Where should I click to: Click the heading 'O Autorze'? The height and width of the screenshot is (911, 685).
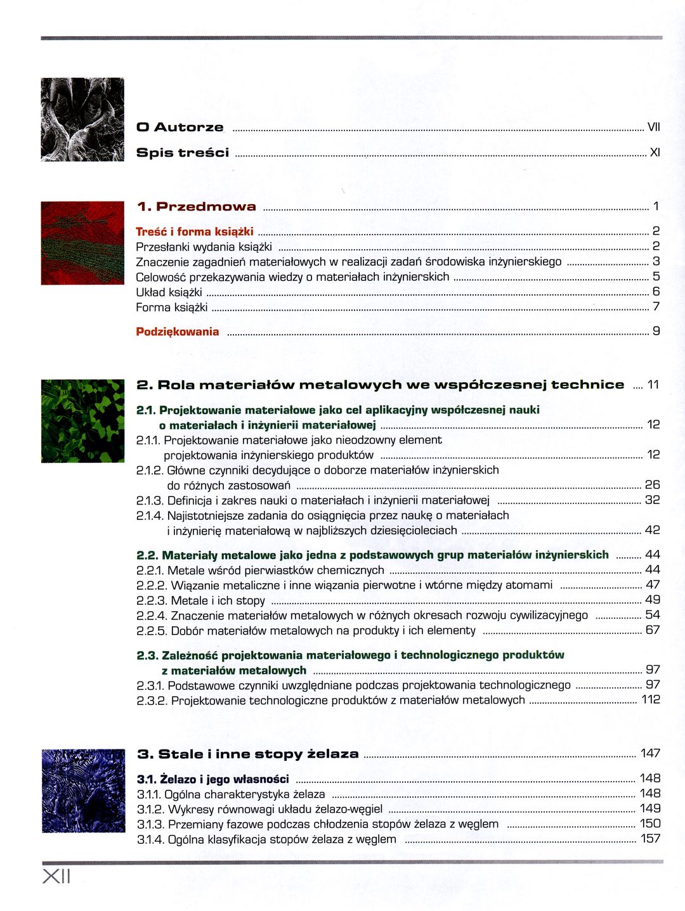pyautogui.click(x=180, y=127)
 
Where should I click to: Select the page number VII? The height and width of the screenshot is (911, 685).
pyautogui.click(x=653, y=127)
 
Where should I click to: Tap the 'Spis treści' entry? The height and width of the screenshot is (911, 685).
pyautogui.click(x=183, y=153)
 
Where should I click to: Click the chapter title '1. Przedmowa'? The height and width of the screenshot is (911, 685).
pyautogui.click(x=197, y=207)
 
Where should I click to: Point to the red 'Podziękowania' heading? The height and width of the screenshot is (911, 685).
pyautogui.click(x=178, y=332)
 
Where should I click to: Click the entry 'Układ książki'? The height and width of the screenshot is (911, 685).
pyautogui.click(x=169, y=292)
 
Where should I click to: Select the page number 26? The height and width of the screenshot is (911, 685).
pyautogui.click(x=652, y=485)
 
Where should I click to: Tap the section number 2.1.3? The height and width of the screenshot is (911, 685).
pyautogui.click(x=150, y=500)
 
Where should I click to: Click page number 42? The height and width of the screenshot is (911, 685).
pyautogui.click(x=652, y=530)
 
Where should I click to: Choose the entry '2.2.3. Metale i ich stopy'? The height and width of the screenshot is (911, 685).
pyautogui.click(x=200, y=600)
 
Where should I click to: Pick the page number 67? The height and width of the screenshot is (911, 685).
pyautogui.click(x=652, y=630)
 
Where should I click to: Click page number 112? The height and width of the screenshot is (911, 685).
pyautogui.click(x=651, y=700)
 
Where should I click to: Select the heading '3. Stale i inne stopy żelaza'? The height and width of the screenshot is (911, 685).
pyautogui.click(x=248, y=754)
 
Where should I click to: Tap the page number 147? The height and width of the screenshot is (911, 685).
pyautogui.click(x=650, y=754)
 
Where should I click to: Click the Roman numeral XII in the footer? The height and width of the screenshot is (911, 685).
pyautogui.click(x=56, y=877)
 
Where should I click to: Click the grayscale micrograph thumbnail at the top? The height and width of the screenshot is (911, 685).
pyautogui.click(x=82, y=119)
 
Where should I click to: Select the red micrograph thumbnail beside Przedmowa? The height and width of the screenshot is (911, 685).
pyautogui.click(x=82, y=243)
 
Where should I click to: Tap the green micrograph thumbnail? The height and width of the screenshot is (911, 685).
pyautogui.click(x=82, y=421)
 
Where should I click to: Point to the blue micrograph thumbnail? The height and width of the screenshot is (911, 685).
pyautogui.click(x=83, y=791)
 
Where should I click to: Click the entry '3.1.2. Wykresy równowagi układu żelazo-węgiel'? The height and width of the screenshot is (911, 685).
pyautogui.click(x=259, y=810)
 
